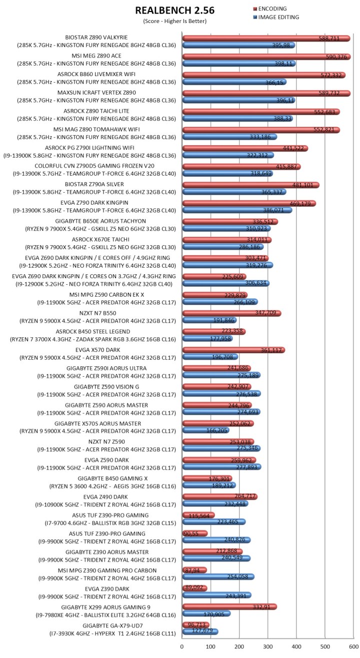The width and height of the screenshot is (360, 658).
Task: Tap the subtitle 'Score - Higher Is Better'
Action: tap(174, 21)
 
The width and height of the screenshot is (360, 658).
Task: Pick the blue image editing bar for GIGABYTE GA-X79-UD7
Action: tap(200, 632)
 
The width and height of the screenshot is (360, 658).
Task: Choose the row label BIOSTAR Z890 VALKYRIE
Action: tap(96, 37)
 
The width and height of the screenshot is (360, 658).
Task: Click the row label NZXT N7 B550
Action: tap(96, 313)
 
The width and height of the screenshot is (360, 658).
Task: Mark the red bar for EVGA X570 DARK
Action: tap(233, 350)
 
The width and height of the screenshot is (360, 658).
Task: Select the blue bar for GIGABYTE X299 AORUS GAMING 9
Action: tap(206, 613)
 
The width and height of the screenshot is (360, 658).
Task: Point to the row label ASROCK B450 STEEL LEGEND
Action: tap(96, 331)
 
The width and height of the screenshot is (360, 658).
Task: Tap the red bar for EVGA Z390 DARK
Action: tap(194, 588)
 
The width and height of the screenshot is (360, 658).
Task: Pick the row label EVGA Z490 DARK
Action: tap(96, 497)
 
